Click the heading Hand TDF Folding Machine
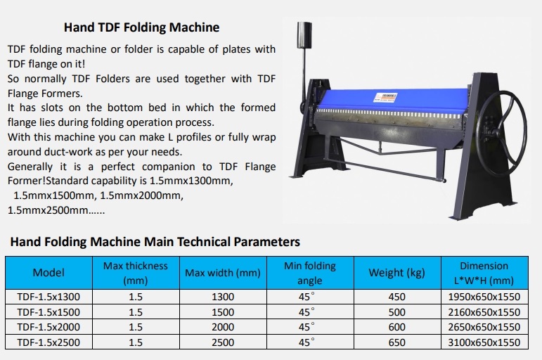[x=141, y=27]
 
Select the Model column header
[x=49, y=273]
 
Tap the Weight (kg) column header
[x=396, y=273]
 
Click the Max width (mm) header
[x=223, y=273]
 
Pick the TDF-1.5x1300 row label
[x=49, y=297]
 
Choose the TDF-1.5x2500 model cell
[x=49, y=342]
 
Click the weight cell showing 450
[x=396, y=297]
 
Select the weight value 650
[x=396, y=342]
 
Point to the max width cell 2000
[x=223, y=327]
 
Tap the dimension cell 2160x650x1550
[x=484, y=312]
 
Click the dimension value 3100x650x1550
[x=484, y=342]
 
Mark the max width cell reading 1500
[x=223, y=312]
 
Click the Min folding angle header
[x=310, y=273]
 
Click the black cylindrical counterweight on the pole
[x=304, y=35]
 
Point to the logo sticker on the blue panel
[x=385, y=97]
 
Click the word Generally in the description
[x=30, y=167]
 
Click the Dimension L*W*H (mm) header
[x=484, y=273]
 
